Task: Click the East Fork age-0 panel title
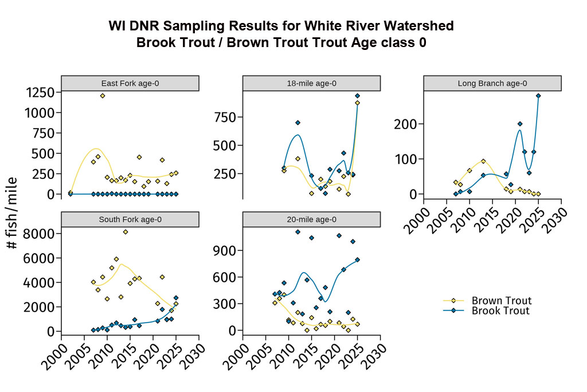pyautogui.click(x=130, y=83)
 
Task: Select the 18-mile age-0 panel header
pyautogui.click(x=311, y=83)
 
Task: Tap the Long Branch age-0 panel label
pyautogui.click(x=492, y=83)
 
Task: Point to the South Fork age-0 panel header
pyautogui.click(x=130, y=219)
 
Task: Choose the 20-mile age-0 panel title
pyautogui.click(x=311, y=219)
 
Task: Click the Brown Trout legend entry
pyautogui.click(x=501, y=301)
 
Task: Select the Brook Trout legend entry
pyautogui.click(x=500, y=311)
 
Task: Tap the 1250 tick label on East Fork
pyautogui.click(x=40, y=92)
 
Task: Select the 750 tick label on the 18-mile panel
pyautogui.click(x=226, y=118)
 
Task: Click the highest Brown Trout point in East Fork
pyautogui.click(x=103, y=96)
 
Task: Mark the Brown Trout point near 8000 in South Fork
pyautogui.click(x=126, y=232)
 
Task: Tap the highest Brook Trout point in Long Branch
pyautogui.click(x=538, y=96)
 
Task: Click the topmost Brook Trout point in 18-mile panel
pyautogui.click(x=357, y=96)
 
